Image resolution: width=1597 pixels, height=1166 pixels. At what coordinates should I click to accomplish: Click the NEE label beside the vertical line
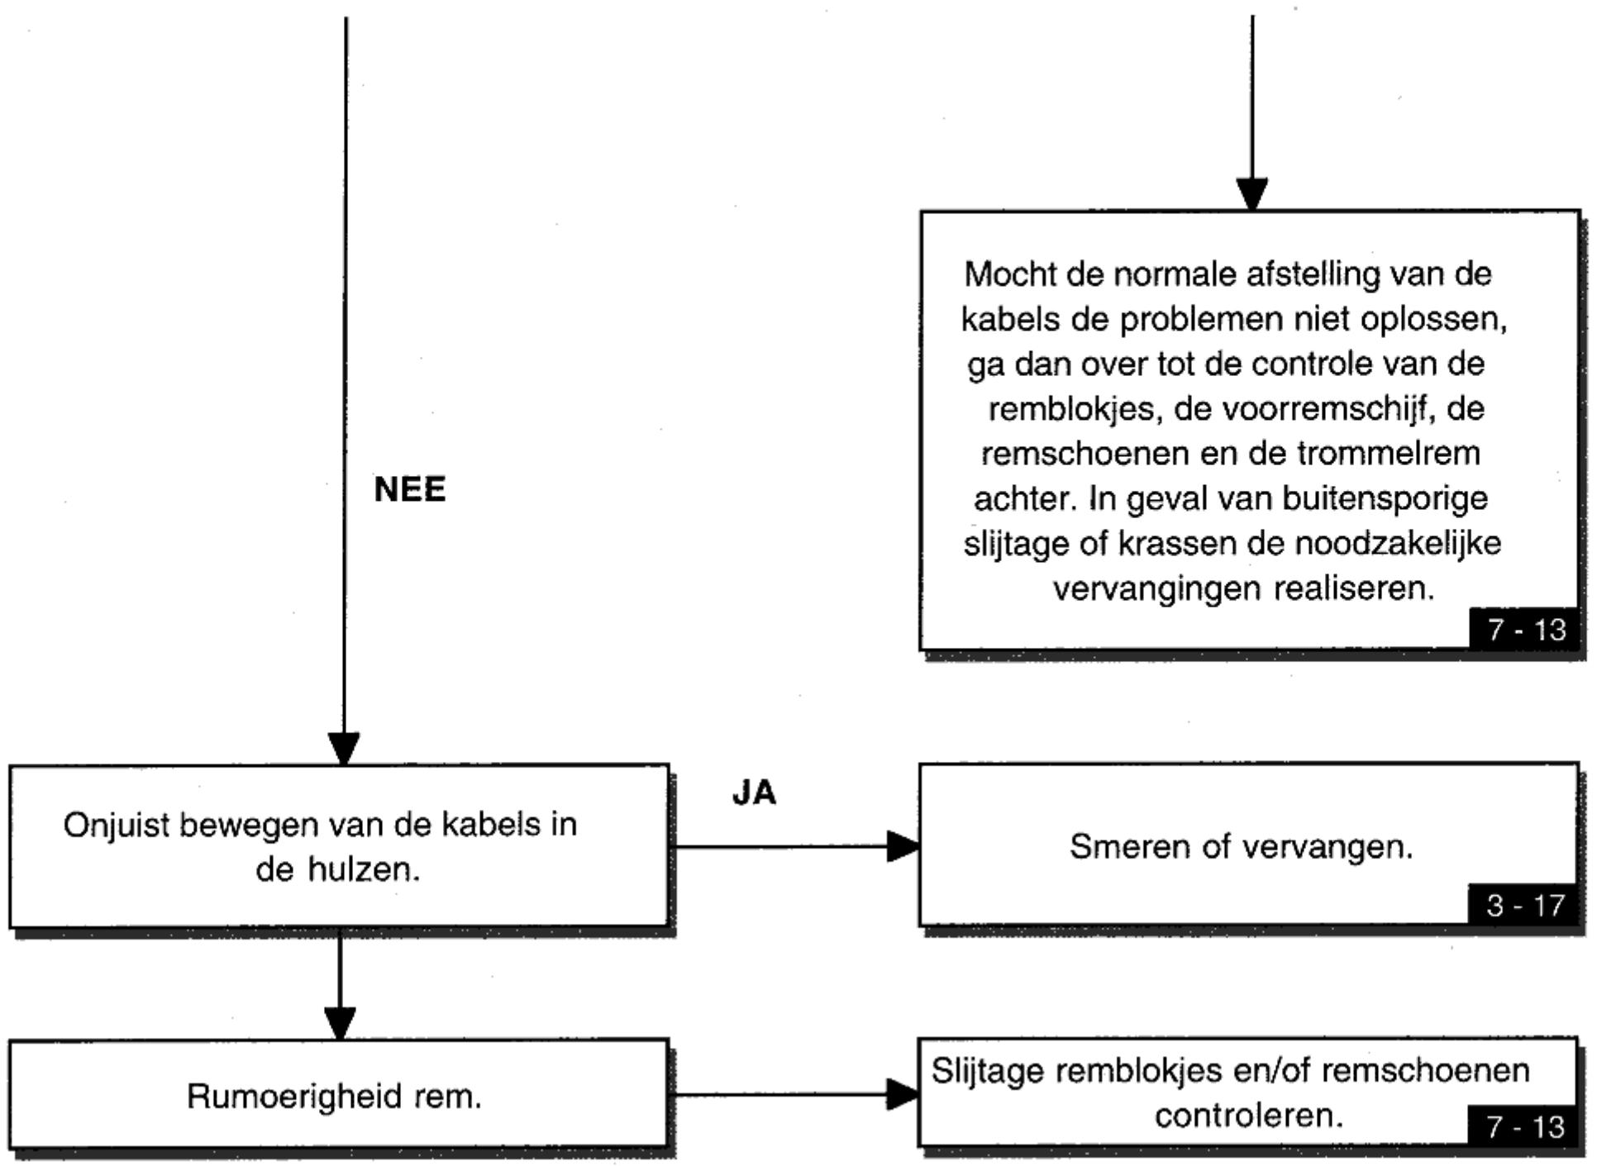410,489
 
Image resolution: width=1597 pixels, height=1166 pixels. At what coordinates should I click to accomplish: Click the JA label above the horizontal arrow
755,792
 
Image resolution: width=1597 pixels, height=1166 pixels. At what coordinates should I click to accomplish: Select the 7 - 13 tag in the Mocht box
1526,630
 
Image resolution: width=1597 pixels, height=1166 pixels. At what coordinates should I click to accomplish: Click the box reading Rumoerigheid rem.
339,1093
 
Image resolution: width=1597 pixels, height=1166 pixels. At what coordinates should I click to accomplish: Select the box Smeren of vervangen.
1249,844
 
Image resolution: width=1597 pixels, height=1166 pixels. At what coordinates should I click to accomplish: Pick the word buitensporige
1385,499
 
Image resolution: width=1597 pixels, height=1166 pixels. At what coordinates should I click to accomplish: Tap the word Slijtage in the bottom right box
989,1072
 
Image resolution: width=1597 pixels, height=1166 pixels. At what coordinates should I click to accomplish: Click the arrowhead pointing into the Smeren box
903,846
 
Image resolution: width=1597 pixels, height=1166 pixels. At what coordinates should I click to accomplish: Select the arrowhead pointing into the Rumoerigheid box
340,1023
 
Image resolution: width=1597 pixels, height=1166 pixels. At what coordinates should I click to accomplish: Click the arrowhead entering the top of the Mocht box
1251,194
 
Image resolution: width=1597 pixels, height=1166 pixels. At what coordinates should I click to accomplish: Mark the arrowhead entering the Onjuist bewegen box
344,749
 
